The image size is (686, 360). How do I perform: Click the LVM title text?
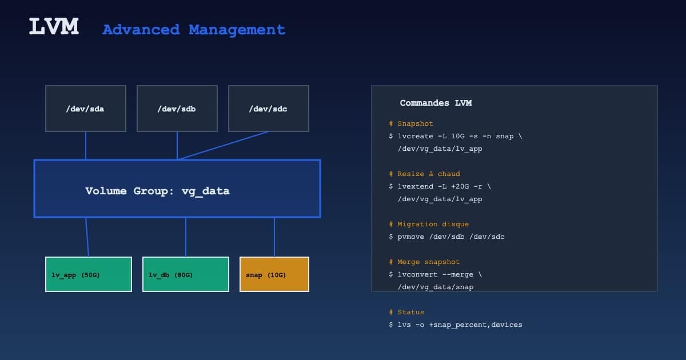pyautogui.click(x=54, y=27)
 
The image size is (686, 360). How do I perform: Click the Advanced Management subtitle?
pyautogui.click(x=193, y=30)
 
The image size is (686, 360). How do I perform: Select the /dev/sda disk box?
pyautogui.click(x=86, y=109)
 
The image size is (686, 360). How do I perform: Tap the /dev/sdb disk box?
pyautogui.click(x=177, y=109)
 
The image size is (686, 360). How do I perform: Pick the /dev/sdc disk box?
pyautogui.click(x=269, y=109)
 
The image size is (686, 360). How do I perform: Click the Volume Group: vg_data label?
pyautogui.click(x=157, y=191)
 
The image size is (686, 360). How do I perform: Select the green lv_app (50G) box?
pyautogui.click(x=89, y=274)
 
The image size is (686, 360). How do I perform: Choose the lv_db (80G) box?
pyautogui.click(x=186, y=274)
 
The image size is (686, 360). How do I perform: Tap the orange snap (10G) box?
pyautogui.click(x=274, y=274)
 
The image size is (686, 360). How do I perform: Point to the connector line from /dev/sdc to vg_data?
pyautogui.click(x=223, y=145)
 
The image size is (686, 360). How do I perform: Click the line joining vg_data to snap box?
pyautogui.click(x=274, y=237)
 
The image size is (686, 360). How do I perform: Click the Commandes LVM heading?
pyautogui.click(x=436, y=103)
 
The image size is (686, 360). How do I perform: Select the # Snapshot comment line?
pyautogui.click(x=411, y=123)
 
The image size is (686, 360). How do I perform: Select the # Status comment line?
pyautogui.click(x=406, y=312)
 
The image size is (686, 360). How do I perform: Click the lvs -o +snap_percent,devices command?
pyautogui.click(x=456, y=325)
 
